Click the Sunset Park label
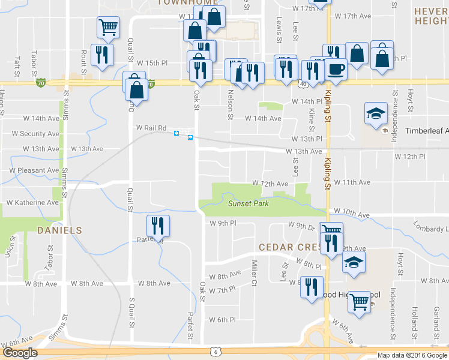coord(248,204)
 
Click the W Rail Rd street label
coord(151,128)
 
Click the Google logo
coord(19,353)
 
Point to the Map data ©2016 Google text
coord(412,355)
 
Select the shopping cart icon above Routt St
coord(108,26)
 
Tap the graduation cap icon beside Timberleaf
coord(375,112)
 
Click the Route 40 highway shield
coord(298,84)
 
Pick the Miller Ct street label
coord(255,269)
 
